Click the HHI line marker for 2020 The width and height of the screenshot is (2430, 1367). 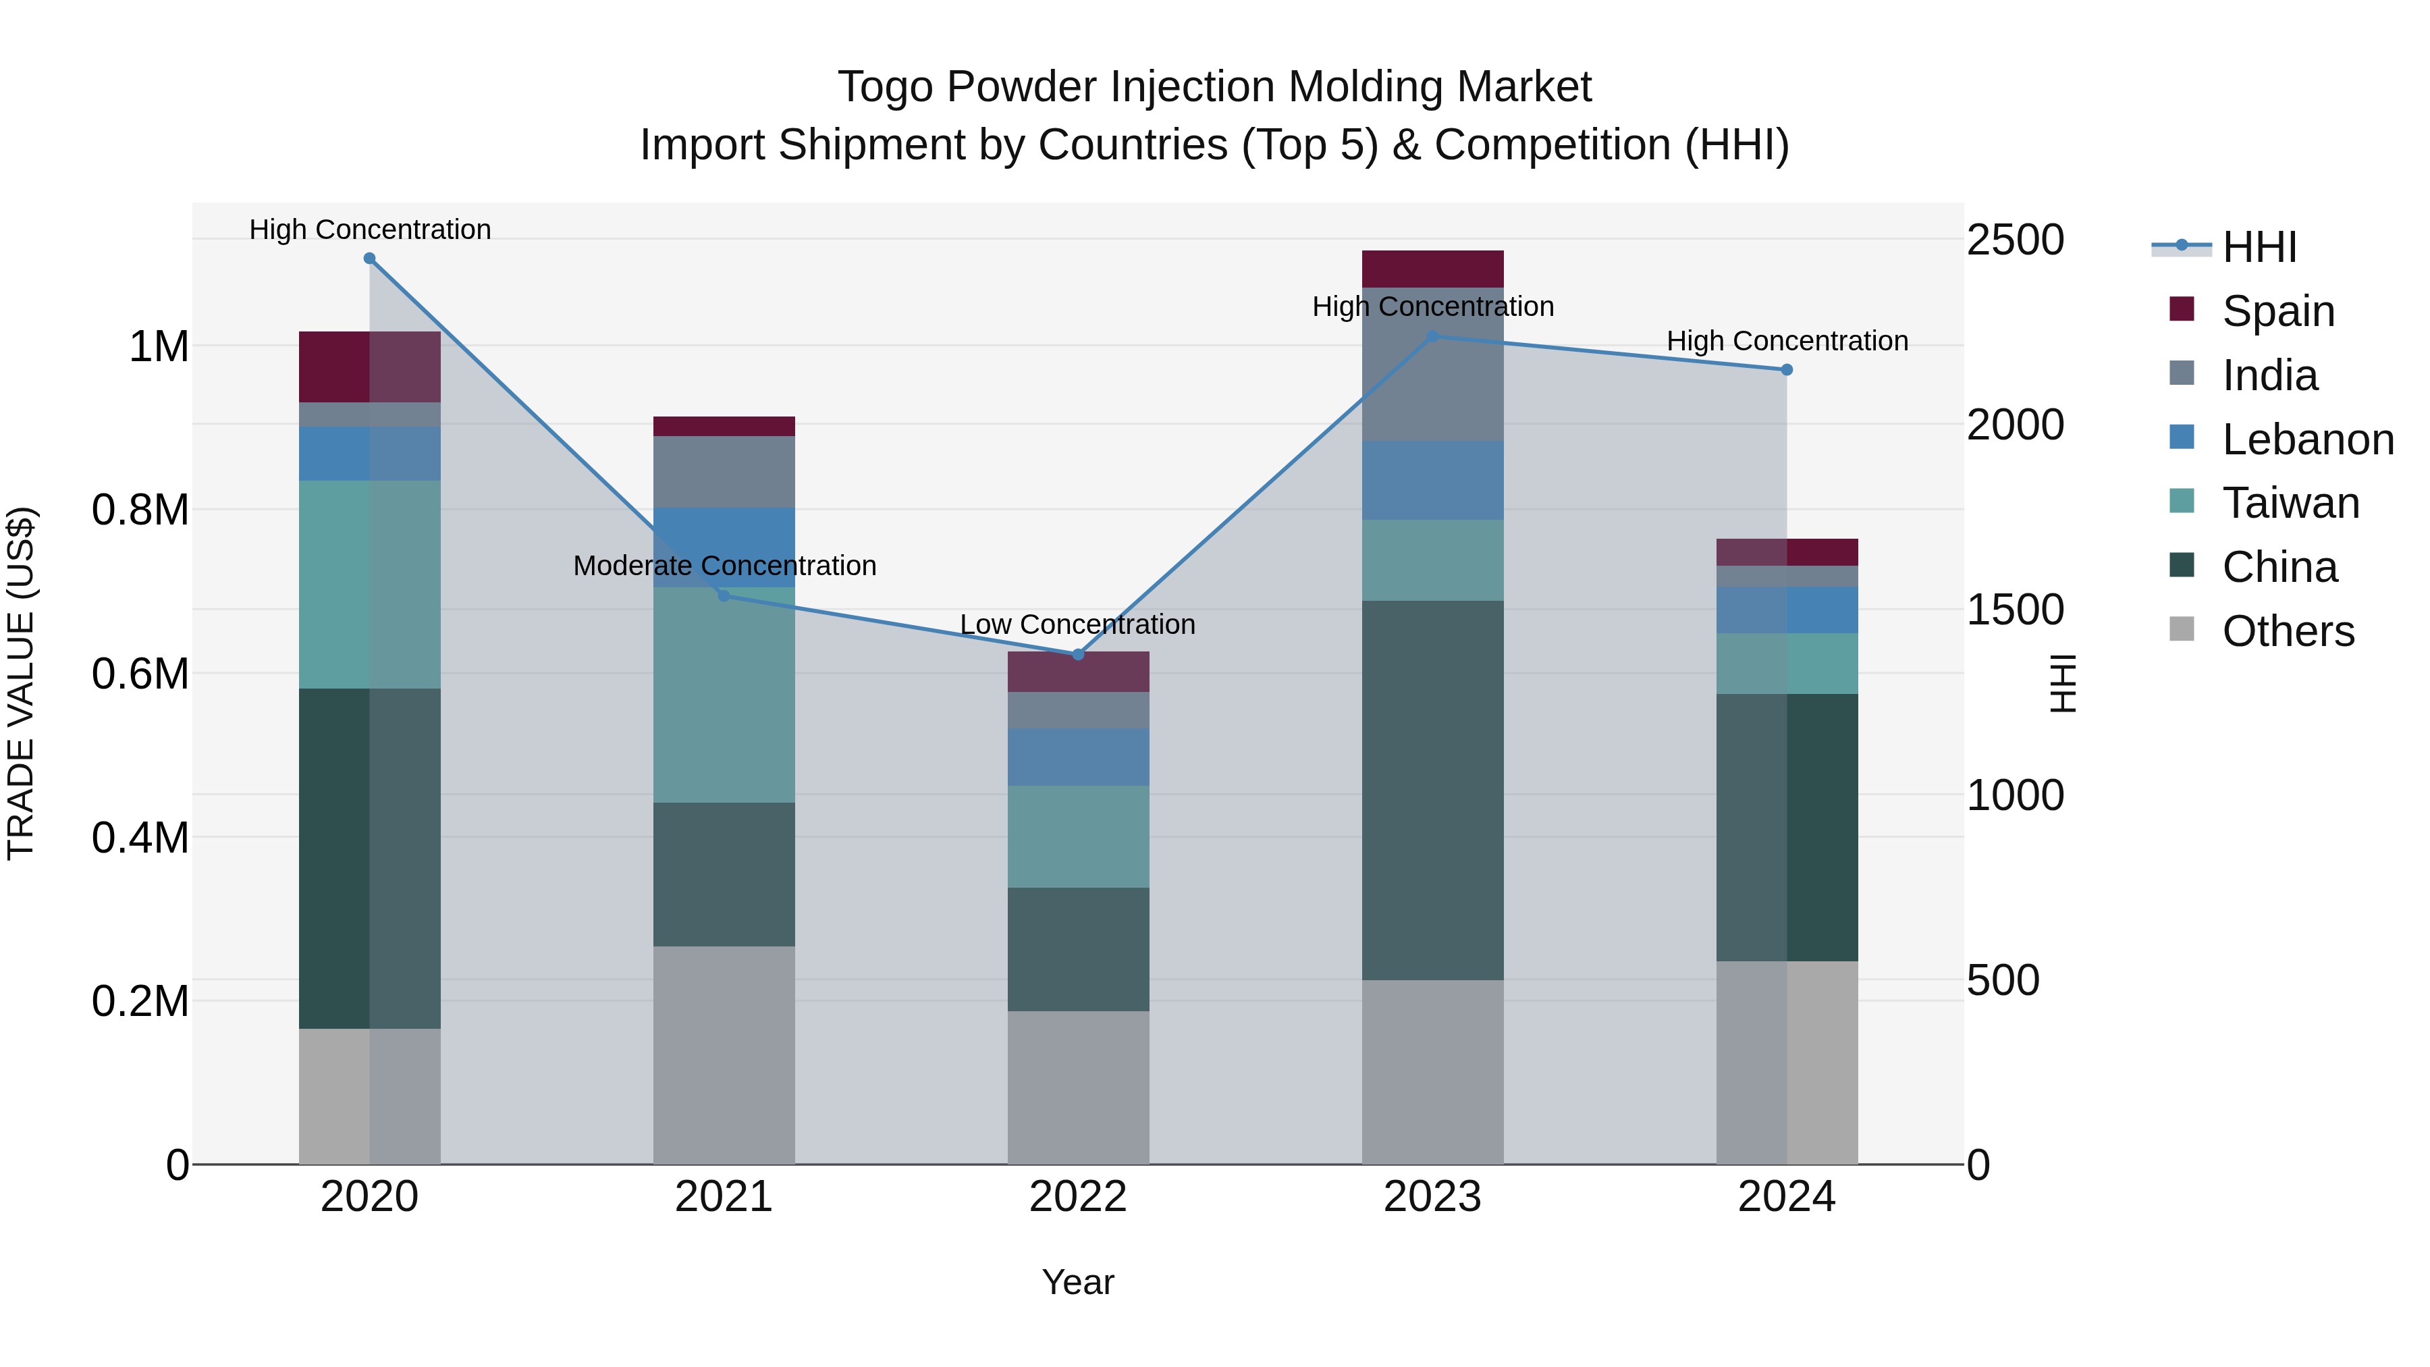[x=370, y=259]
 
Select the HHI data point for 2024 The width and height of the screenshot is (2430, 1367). [x=1787, y=370]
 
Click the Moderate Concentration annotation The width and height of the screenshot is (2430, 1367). [x=724, y=566]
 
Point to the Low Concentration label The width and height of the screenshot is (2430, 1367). [x=1077, y=624]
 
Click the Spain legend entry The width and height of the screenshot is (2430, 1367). [x=2277, y=311]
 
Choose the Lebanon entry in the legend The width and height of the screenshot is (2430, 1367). [x=2306, y=439]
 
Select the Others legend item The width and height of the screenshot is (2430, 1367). [x=2288, y=631]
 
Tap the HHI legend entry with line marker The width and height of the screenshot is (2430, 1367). [x=2259, y=247]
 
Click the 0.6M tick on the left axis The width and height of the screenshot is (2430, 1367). [x=140, y=674]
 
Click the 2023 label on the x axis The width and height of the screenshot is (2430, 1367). [x=1432, y=1197]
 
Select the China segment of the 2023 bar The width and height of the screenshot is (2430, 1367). [x=1432, y=790]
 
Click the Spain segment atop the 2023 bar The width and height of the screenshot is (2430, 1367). [x=1432, y=269]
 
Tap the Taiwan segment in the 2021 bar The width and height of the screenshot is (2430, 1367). [x=724, y=695]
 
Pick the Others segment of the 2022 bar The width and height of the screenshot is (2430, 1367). [x=1078, y=1088]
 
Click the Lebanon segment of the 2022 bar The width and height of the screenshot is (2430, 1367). [x=1078, y=757]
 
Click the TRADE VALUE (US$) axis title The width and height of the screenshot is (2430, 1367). [x=21, y=683]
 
